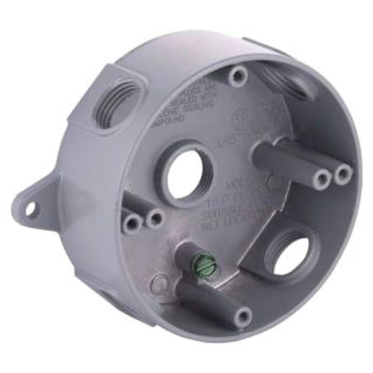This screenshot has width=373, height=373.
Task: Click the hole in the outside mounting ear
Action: tap(29, 210)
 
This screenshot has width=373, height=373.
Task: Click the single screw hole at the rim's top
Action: tap(236, 76)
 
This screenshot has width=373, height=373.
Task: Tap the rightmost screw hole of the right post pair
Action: tap(343, 173)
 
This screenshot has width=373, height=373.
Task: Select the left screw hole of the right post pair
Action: tap(322, 180)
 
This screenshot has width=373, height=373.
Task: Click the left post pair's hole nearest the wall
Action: tap(131, 224)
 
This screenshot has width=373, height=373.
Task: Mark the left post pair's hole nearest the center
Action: tap(155, 218)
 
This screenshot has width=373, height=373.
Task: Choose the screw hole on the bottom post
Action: tap(242, 318)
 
